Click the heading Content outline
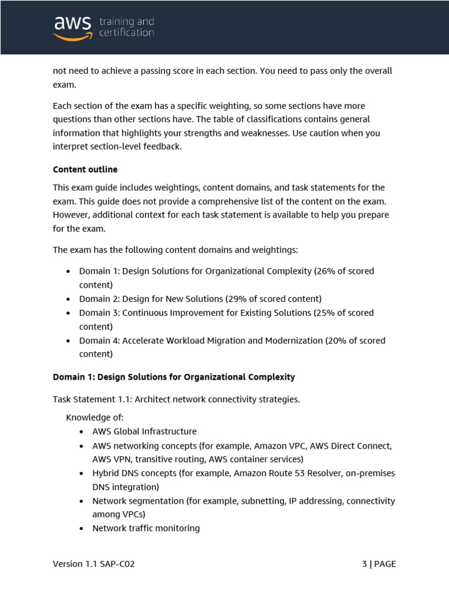pos(85,169)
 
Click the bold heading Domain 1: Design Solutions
pos(174,377)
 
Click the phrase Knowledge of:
pos(95,418)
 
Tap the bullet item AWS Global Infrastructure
pos(144,432)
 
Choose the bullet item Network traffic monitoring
pos(146,528)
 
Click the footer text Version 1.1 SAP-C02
pos(97,564)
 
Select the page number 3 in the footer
pos(364,564)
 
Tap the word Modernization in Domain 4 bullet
pos(293,340)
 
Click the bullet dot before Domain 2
pos(68,299)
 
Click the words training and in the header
pos(126,22)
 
